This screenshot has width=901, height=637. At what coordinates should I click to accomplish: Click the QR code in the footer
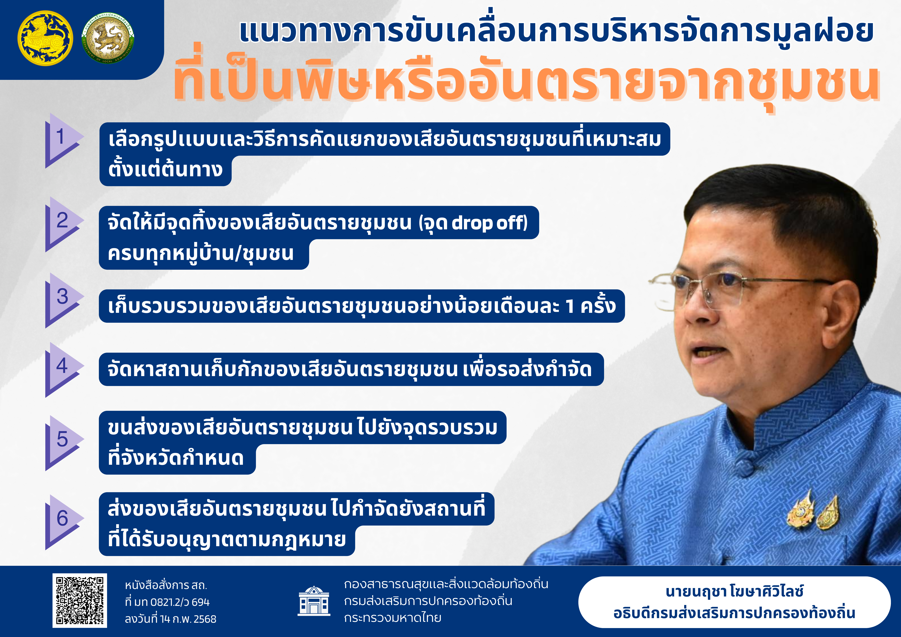pyautogui.click(x=80, y=601)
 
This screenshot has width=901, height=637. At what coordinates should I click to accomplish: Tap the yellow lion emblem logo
pyautogui.click(x=45, y=38)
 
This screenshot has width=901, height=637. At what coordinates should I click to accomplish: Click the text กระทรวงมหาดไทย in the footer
pyautogui.click(x=393, y=618)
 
